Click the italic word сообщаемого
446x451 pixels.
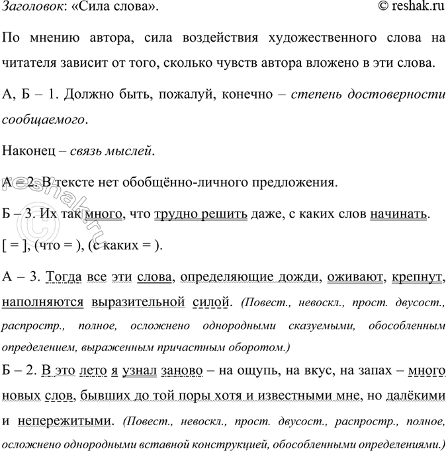(44, 120)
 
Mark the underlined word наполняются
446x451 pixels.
(43, 302)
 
